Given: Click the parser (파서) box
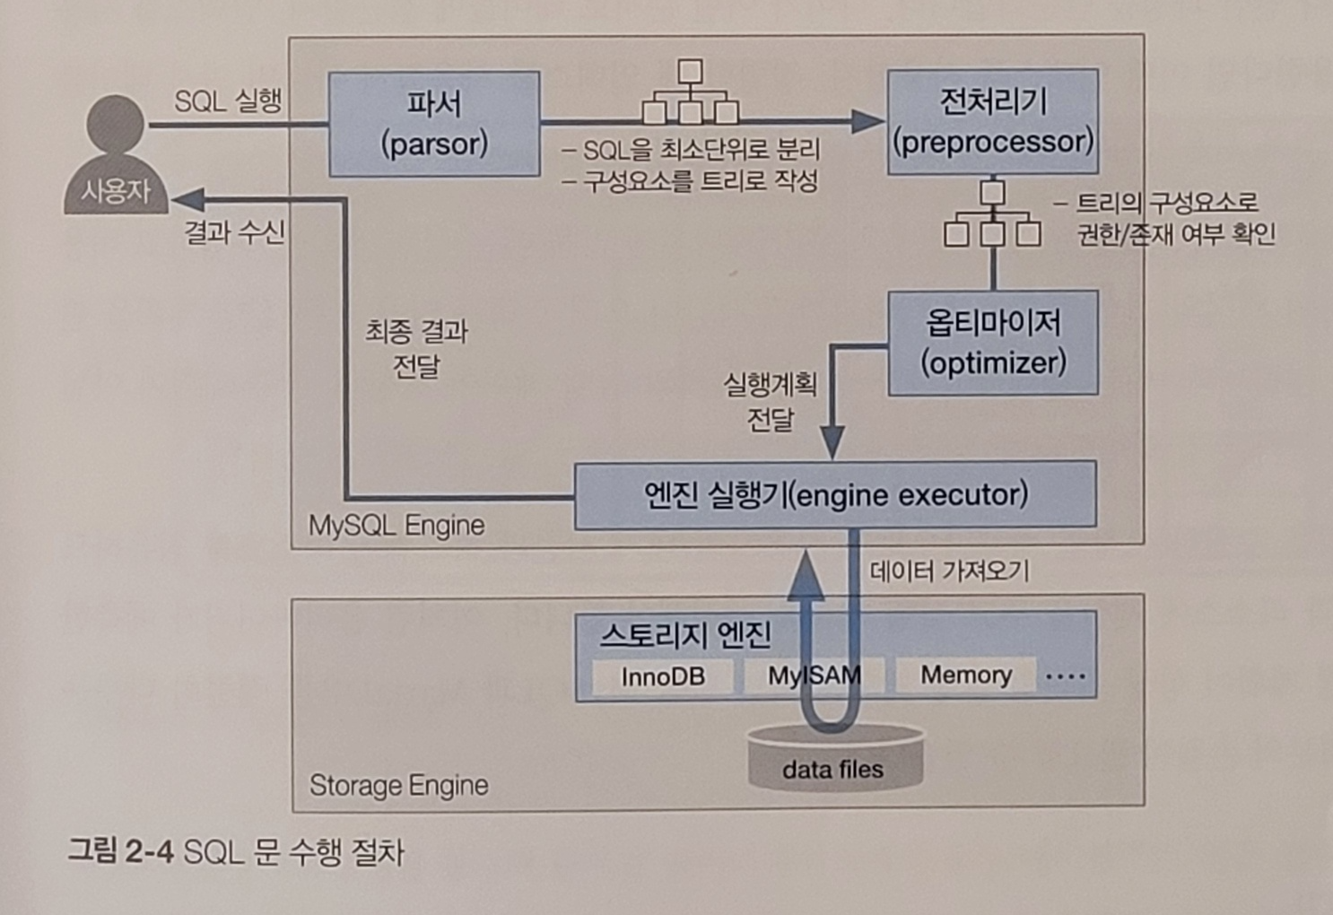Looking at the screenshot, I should coord(434,124).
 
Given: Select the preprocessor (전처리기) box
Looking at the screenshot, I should coord(993,122).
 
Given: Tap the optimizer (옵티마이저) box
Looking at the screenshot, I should coord(993,342).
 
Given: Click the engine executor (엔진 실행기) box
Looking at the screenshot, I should coord(835,495).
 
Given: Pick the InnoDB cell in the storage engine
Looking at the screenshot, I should coord(663,676).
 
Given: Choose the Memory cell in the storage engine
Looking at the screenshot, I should coord(965,675).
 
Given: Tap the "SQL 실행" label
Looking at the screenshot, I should coord(228,100).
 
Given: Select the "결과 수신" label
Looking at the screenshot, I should coord(234,232).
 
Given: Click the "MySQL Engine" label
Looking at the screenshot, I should coord(396,525).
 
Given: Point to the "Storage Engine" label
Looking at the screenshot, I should coord(399,786).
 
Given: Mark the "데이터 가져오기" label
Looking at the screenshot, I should coord(949,571).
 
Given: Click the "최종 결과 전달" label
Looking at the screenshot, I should coord(416,349).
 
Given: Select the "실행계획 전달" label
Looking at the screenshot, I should coord(771,402).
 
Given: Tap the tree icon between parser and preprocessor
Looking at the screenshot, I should coord(690,92).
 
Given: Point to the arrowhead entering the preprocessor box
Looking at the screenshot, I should coord(868,121).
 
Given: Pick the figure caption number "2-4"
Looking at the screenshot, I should coord(149,850).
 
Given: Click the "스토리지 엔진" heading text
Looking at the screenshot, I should coord(685,635).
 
